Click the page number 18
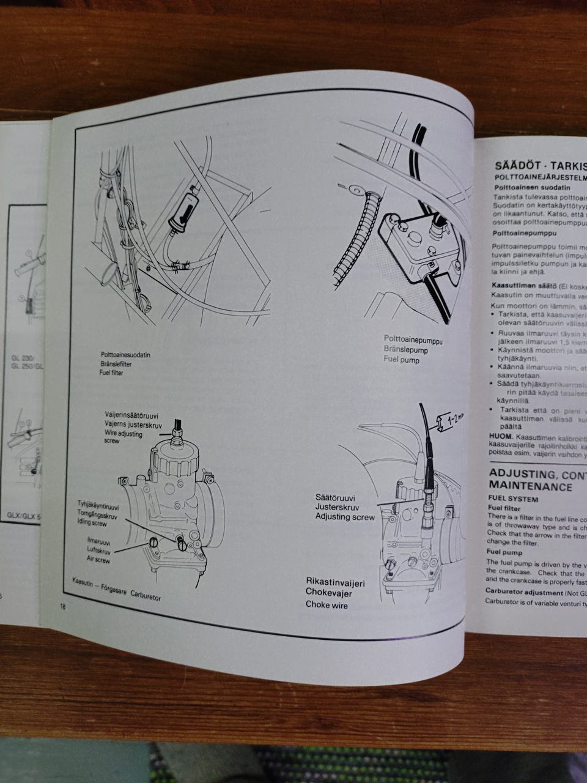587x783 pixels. pos(62,606)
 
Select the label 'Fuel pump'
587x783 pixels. pos(402,360)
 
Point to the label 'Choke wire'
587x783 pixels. pos(327,604)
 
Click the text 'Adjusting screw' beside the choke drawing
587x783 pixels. pos(345,517)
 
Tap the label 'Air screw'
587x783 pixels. pos(98,560)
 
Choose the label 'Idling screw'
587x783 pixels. pos(92,524)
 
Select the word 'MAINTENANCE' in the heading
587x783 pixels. pos(531,487)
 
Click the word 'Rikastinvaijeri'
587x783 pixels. pos(335,583)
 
